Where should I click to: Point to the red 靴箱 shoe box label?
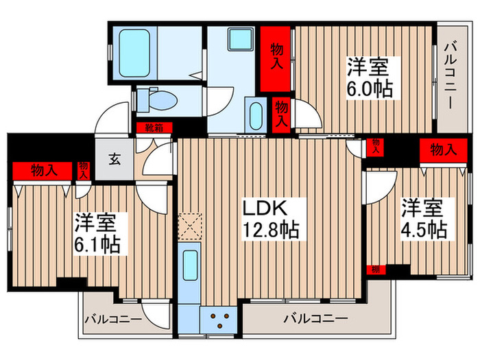154,127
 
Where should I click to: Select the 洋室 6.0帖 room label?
370,78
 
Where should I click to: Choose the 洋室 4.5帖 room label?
423,218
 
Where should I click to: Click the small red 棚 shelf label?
374,269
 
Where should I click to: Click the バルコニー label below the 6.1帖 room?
113,319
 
